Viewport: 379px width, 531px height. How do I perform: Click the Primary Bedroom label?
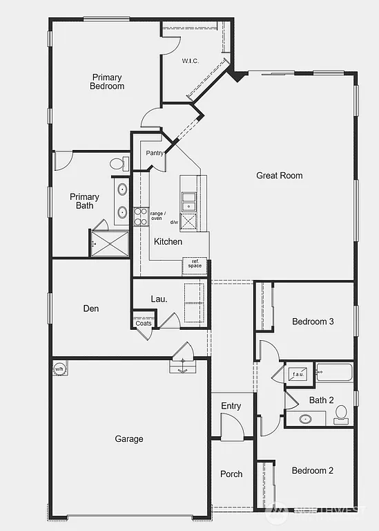click(x=107, y=82)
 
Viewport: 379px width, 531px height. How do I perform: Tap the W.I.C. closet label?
click(x=191, y=61)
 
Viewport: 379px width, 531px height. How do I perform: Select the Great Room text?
click(x=280, y=176)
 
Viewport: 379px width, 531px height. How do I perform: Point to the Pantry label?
click(x=155, y=153)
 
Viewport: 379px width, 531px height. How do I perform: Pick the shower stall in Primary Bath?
click(x=109, y=243)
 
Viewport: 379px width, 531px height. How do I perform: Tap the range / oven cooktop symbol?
click(x=141, y=216)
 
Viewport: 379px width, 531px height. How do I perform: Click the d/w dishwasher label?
click(x=173, y=223)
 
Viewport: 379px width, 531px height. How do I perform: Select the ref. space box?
click(x=195, y=263)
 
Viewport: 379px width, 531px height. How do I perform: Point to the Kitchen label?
click(x=168, y=242)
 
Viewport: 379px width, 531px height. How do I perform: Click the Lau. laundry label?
click(x=159, y=299)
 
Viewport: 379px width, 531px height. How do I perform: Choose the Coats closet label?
click(x=144, y=323)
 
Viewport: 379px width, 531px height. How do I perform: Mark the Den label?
click(x=91, y=308)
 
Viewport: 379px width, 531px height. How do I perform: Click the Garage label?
click(x=129, y=439)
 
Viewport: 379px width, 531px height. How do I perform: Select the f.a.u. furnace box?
click(x=299, y=373)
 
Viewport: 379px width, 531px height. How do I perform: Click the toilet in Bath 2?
click(x=340, y=413)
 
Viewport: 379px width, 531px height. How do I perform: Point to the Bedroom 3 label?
click(x=313, y=322)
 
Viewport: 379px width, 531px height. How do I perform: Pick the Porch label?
click(x=231, y=474)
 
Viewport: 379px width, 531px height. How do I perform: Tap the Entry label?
click(x=231, y=406)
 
